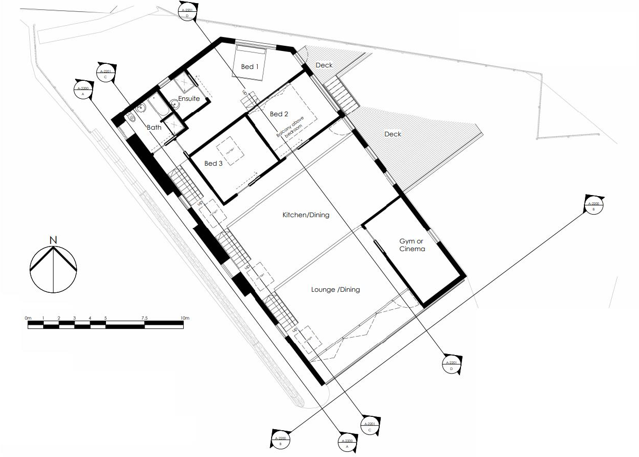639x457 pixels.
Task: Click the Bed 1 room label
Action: [x=250, y=67]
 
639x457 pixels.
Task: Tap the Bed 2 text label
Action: [x=279, y=114]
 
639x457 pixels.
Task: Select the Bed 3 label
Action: [x=213, y=164]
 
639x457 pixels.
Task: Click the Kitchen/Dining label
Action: [x=306, y=215]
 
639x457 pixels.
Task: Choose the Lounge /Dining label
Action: [x=335, y=290]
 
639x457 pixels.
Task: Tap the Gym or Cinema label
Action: [x=412, y=245]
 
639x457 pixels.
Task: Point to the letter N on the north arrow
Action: [x=53, y=240]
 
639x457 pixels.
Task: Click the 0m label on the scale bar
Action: [x=28, y=318]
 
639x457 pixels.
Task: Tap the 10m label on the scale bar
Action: [x=184, y=318]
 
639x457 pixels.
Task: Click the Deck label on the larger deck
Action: [x=393, y=134]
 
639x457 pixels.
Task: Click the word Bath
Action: [x=154, y=127]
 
